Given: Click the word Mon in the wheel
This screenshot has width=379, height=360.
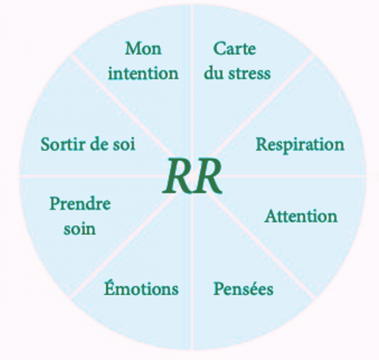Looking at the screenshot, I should pyautogui.click(x=143, y=48).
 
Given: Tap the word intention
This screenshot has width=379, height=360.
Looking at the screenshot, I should pyautogui.click(x=143, y=73).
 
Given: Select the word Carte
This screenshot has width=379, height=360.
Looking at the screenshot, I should pyautogui.click(x=235, y=48).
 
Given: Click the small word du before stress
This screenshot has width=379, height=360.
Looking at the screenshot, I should pyautogui.click(x=213, y=73).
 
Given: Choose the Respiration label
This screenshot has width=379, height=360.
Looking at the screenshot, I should pyautogui.click(x=300, y=145).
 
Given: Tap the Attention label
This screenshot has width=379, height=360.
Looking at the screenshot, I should pyautogui.click(x=301, y=216).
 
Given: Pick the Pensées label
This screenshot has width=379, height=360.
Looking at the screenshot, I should pyautogui.click(x=243, y=288).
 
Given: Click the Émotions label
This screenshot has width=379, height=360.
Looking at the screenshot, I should pyautogui.click(x=141, y=288).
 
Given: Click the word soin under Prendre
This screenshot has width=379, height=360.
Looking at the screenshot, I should pyautogui.click(x=80, y=229).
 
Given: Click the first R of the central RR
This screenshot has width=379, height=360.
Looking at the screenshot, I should pyautogui.click(x=177, y=176).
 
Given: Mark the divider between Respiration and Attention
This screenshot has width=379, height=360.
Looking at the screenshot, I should pyautogui.click(x=293, y=175).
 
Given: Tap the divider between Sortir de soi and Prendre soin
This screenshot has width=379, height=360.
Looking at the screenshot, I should pyautogui.click(x=90, y=175).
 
